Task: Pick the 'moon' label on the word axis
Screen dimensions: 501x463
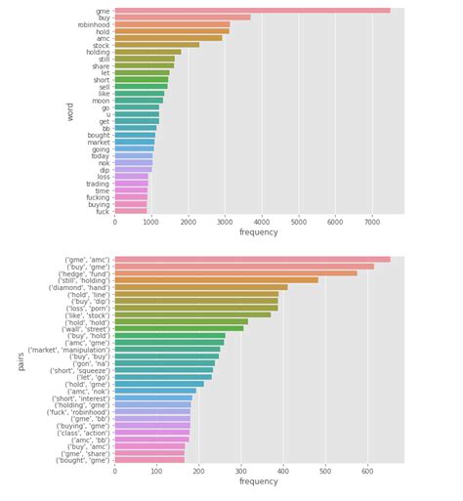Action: [x=101, y=101]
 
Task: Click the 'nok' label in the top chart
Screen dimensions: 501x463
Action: [x=103, y=162]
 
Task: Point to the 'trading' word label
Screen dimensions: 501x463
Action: [x=97, y=184]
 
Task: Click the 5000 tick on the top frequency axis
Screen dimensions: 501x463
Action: [x=298, y=222]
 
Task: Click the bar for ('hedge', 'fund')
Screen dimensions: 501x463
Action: [x=235, y=272]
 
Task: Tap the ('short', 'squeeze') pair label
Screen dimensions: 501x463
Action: [x=79, y=370]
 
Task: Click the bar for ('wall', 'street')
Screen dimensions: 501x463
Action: [x=179, y=328]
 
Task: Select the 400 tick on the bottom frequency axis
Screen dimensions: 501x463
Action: [x=283, y=471]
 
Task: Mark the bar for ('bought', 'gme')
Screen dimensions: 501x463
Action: [x=148, y=460]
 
